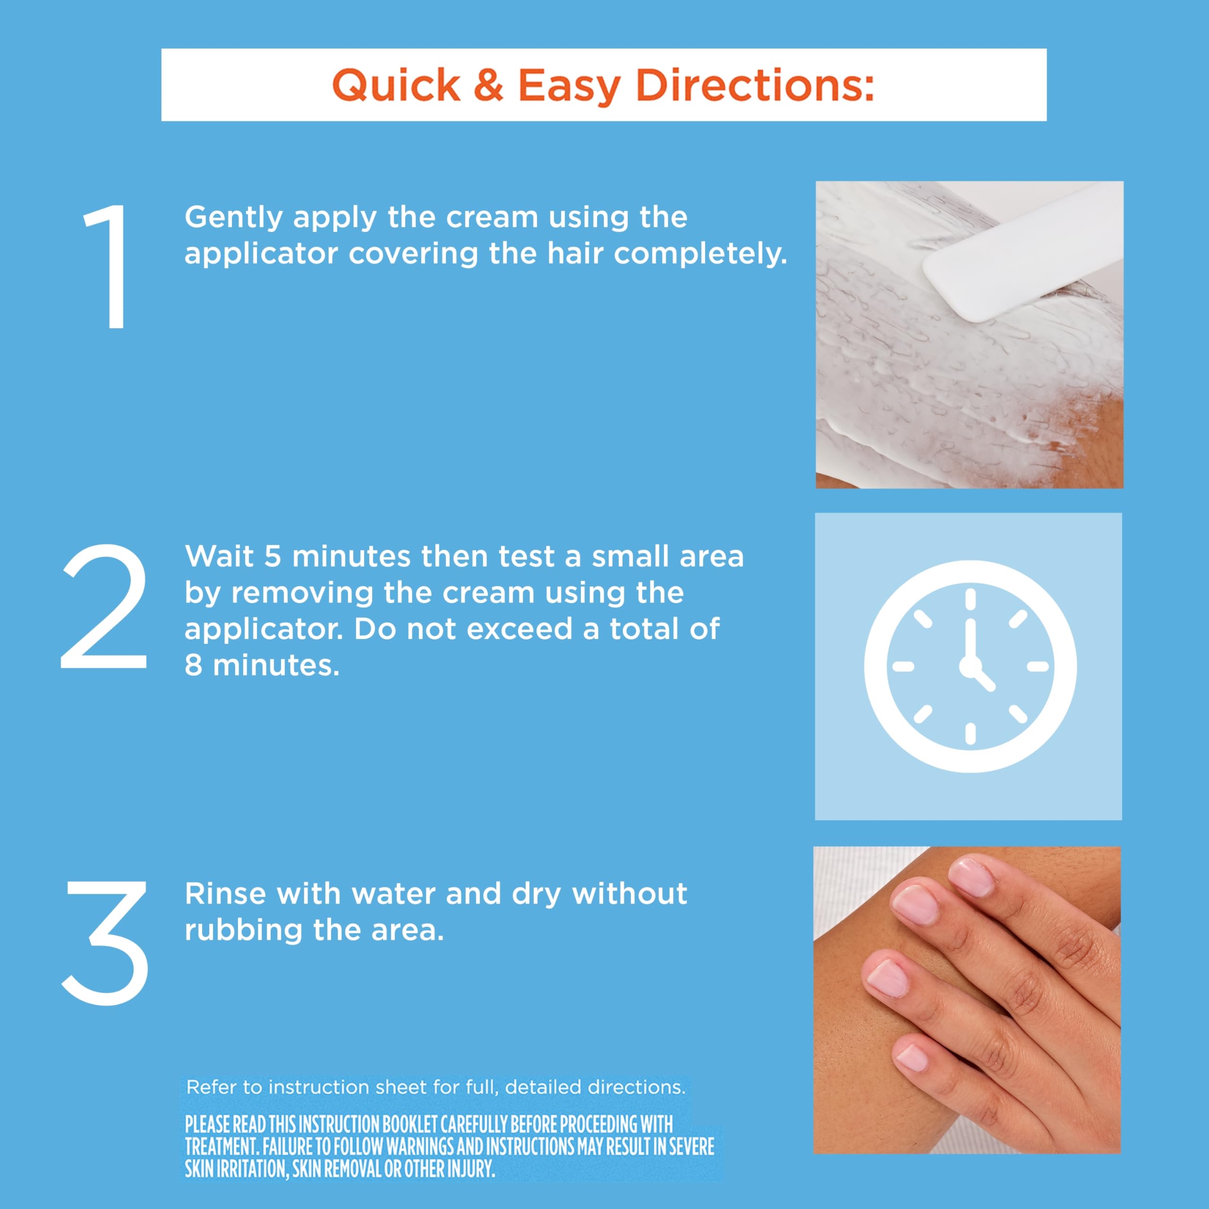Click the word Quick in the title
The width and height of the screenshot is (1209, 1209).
point(396,86)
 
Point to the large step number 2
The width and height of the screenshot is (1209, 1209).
point(104,606)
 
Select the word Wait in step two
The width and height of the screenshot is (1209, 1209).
point(219,556)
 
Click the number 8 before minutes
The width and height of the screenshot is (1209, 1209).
point(193,665)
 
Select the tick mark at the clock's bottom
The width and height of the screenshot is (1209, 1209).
point(971,733)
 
